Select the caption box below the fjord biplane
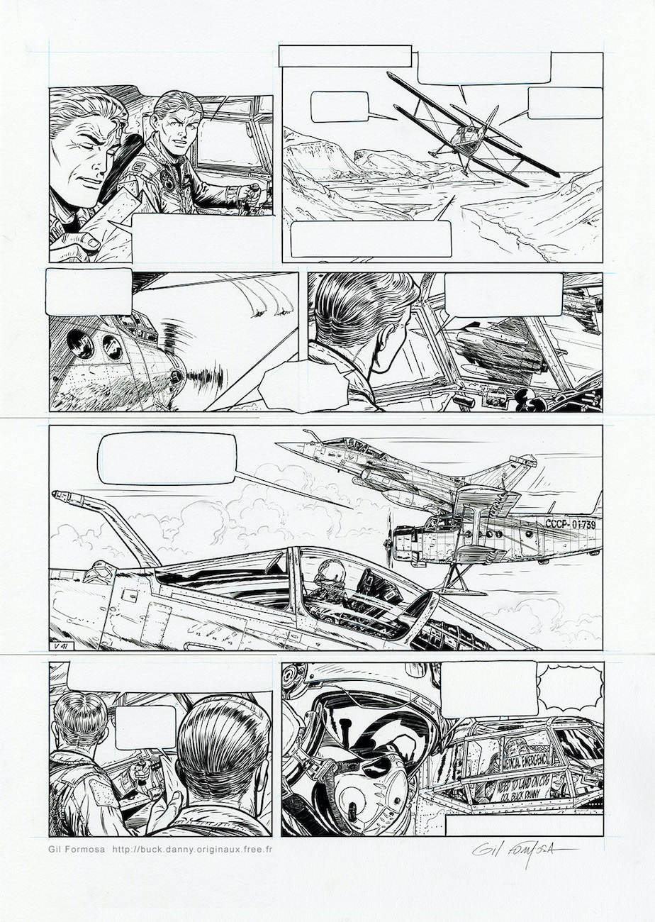pyautogui.click(x=371, y=239)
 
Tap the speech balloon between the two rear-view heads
pyautogui.click(x=145, y=727)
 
